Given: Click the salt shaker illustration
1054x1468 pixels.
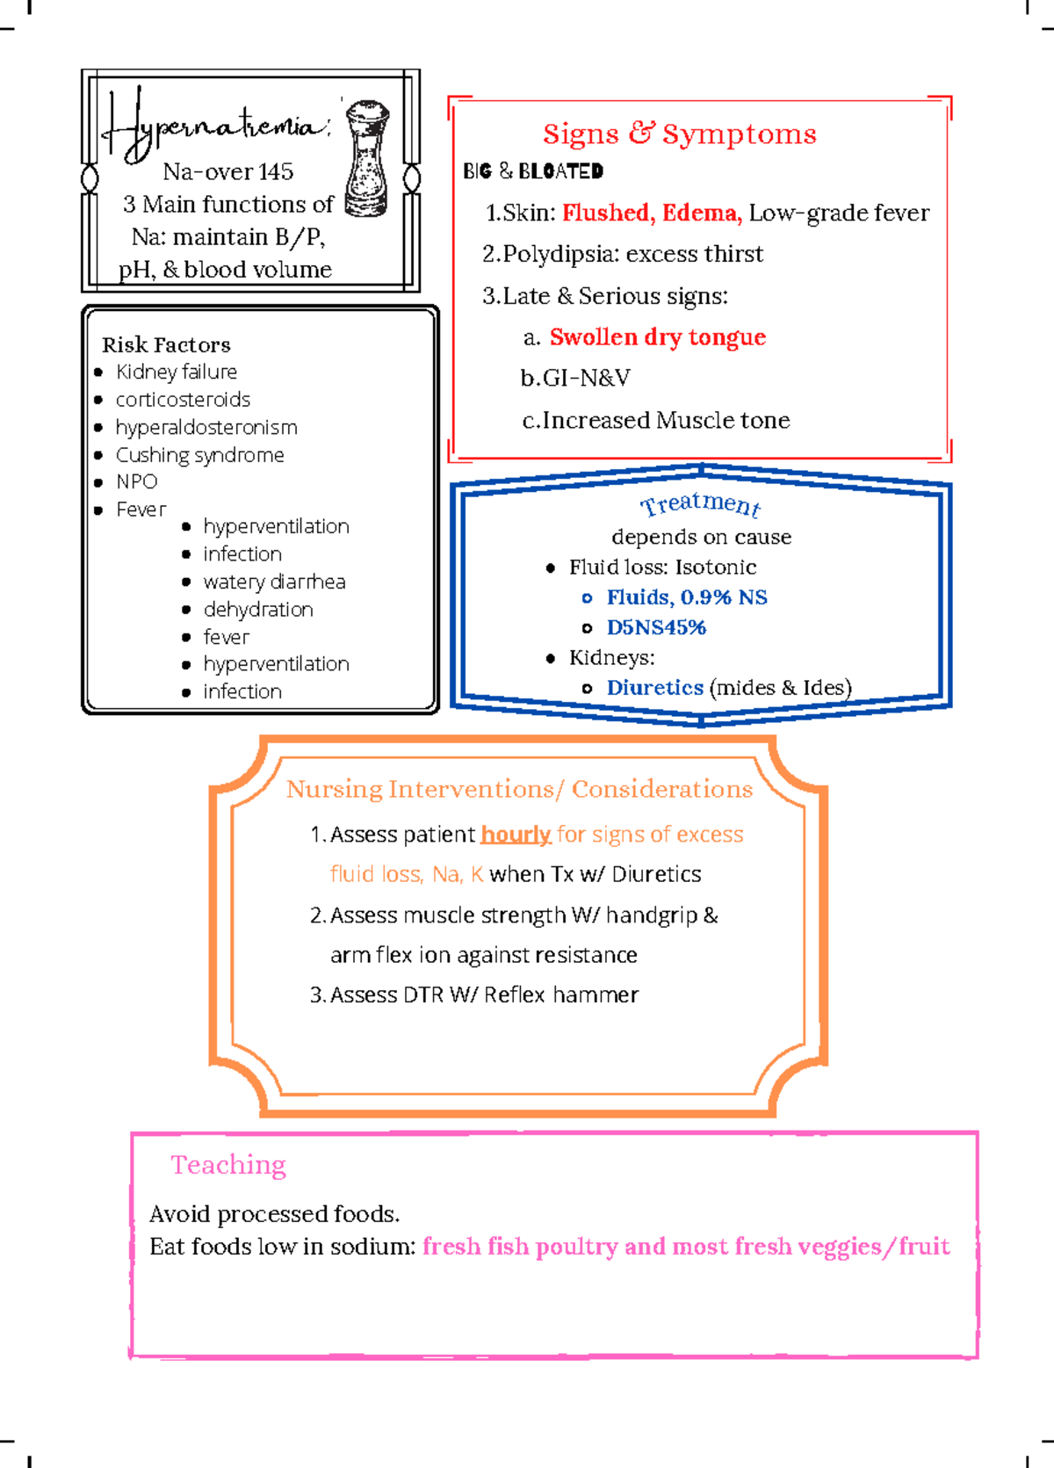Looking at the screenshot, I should click(366, 158).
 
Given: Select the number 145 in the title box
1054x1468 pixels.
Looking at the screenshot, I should click(275, 172).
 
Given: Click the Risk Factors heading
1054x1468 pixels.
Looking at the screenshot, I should click(166, 344).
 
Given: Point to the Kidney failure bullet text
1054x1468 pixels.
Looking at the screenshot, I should click(177, 372).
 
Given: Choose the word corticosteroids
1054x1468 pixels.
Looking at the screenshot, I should click(183, 400).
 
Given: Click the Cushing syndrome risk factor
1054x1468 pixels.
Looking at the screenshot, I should click(200, 455).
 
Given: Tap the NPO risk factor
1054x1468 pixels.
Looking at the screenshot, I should click(137, 481).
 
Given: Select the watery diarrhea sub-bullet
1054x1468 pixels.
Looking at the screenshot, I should click(274, 582).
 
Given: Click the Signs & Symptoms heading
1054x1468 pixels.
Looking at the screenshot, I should click(679, 134).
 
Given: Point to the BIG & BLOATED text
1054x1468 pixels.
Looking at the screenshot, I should click(533, 171).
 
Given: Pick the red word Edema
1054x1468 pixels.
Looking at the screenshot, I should click(701, 213).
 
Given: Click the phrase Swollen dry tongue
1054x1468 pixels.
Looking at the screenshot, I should click(658, 337).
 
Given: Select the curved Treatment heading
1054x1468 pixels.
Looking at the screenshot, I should click(700, 504).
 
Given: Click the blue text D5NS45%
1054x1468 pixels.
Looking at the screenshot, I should click(656, 627).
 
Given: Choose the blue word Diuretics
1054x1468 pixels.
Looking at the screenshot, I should click(654, 688).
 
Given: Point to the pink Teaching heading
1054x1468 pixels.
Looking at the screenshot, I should click(228, 1165).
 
